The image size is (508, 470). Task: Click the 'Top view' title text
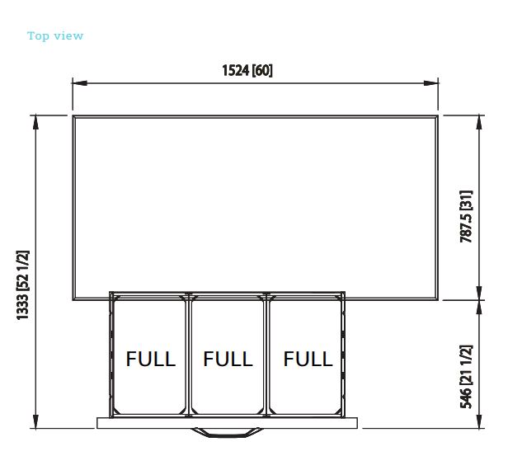[55, 35]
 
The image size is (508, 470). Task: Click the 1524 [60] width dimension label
[247, 70]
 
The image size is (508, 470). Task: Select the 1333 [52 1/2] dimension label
[23, 285]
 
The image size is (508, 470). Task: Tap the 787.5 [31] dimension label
[466, 216]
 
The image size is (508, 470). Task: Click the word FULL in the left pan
[151, 359]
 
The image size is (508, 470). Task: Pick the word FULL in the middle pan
[228, 359]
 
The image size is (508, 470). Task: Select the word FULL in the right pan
[308, 359]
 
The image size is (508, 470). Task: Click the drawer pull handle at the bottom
[227, 433]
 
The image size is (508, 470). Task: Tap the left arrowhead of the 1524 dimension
[80, 83]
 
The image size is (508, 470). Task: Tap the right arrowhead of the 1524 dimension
[430, 83]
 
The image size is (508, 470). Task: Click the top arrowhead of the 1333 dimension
[35, 122]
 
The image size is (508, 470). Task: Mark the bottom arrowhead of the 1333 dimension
[35, 421]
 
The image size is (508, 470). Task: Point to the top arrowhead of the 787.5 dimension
[479, 122]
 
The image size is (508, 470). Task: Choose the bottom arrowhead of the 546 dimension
[479, 421]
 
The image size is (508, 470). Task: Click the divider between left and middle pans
[188, 355]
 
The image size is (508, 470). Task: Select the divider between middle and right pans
[266, 355]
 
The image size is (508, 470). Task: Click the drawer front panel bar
[227, 423]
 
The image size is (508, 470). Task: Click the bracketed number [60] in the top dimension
[262, 70]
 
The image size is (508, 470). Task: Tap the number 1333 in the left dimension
[23, 307]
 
